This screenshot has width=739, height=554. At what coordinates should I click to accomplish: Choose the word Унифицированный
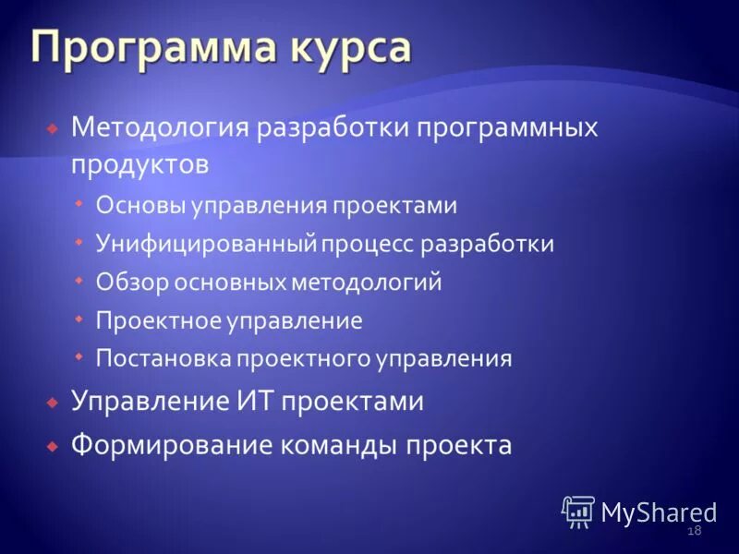[x=208, y=244]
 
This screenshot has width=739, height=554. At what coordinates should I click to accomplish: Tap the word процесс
[x=369, y=244]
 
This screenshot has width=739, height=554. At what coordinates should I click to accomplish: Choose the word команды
[x=340, y=445]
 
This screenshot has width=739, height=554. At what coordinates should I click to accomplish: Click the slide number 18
[x=695, y=530]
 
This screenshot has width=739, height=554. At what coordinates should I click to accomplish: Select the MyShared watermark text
[x=659, y=512]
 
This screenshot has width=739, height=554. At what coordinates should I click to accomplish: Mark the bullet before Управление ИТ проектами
[x=53, y=403]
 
